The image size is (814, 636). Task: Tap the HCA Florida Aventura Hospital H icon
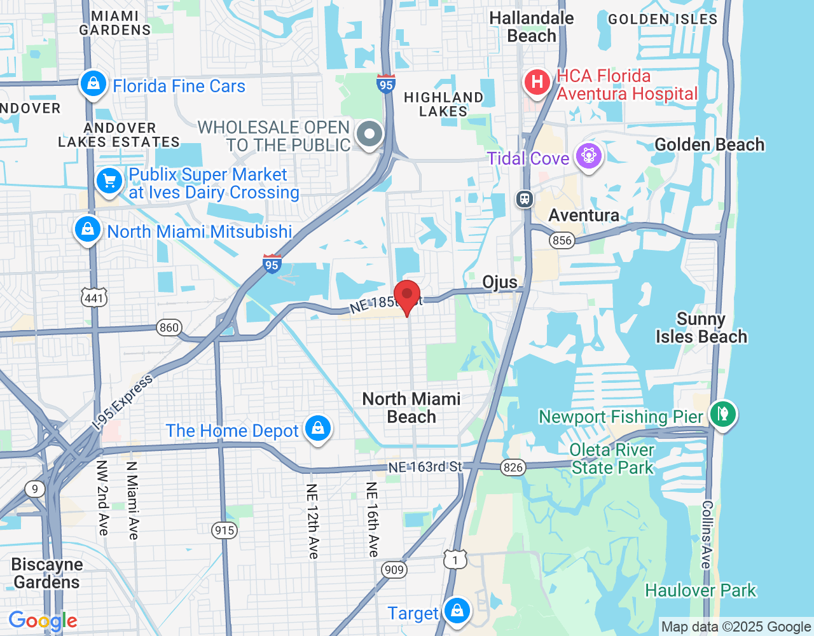click(537, 82)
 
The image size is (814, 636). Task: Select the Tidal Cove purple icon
click(588, 155)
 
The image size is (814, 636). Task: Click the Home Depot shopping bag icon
click(318, 428)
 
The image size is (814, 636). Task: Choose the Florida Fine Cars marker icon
click(93, 83)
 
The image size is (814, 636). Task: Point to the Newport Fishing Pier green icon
click(723, 414)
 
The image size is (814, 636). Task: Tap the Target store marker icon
click(457, 611)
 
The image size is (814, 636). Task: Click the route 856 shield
click(562, 240)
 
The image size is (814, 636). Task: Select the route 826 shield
click(513, 467)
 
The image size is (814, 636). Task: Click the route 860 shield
click(169, 328)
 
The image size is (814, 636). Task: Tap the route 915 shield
click(224, 530)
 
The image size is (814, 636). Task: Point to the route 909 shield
click(394, 569)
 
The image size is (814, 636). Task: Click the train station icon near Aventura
click(525, 199)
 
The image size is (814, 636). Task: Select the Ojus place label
click(500, 282)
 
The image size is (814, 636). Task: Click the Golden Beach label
click(709, 145)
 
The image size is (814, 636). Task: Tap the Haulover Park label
click(700, 591)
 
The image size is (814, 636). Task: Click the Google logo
click(43, 621)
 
